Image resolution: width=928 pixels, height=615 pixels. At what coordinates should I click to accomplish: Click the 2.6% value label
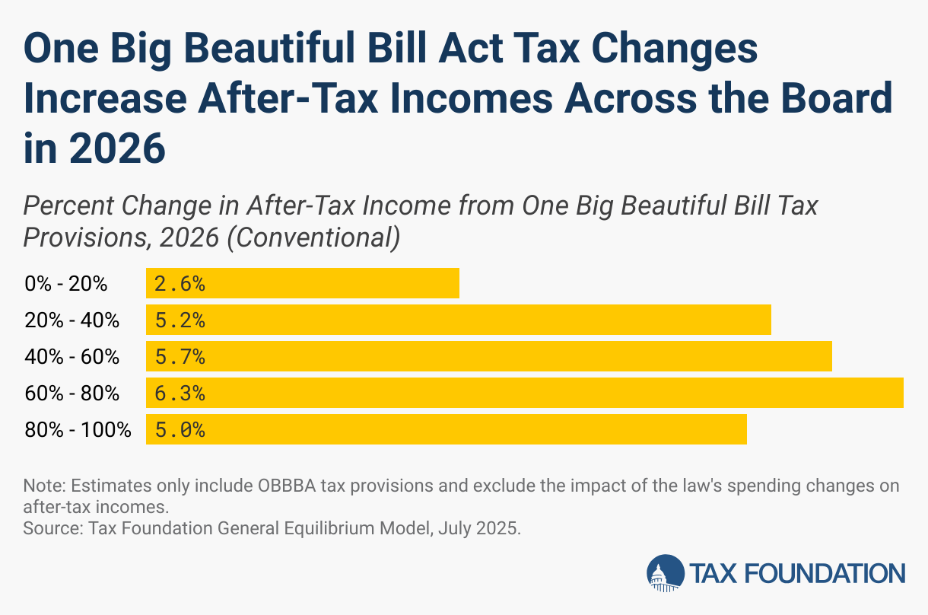coord(180,284)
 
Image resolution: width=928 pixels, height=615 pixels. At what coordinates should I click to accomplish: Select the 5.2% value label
coord(180,320)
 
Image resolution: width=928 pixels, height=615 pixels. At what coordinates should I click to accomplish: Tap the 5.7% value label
coord(180,357)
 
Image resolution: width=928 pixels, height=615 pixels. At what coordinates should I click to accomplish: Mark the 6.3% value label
coord(180,394)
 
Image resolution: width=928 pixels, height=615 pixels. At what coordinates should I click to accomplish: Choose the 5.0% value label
coord(180,430)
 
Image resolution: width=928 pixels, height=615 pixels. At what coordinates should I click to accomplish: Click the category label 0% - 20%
coord(65,285)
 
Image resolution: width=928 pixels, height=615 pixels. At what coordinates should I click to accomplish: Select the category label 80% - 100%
coord(78,431)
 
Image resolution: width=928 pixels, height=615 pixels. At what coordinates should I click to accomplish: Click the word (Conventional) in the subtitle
coord(314,238)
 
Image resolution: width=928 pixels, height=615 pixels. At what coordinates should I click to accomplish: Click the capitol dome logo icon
coord(666,573)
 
